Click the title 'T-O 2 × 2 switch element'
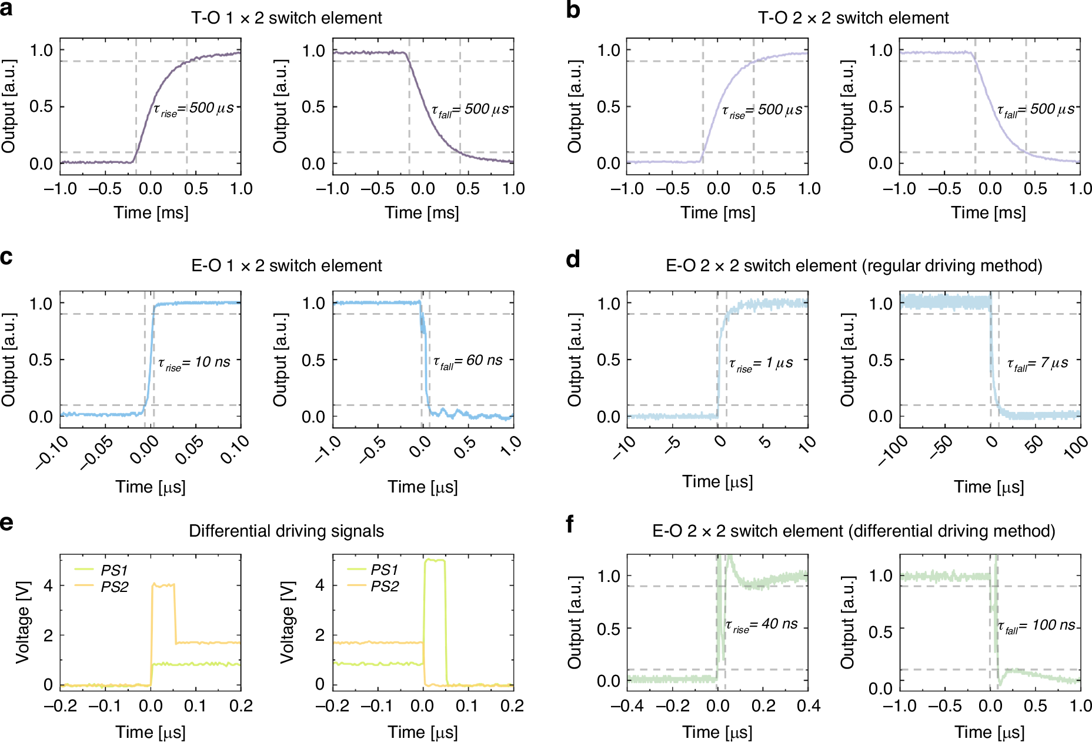click(853, 18)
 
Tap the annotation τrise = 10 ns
click(194, 362)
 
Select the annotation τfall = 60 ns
click(468, 361)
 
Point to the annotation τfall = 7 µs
click(1037, 364)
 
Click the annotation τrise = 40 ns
click(762, 625)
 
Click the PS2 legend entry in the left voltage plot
click(114, 587)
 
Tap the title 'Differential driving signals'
click(286, 531)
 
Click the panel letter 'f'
click(570, 524)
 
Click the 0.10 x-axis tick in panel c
click(235, 450)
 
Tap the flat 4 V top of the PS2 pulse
click(163, 585)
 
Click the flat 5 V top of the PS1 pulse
click(435, 561)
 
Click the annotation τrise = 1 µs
click(761, 364)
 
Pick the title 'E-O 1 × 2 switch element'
click(286, 266)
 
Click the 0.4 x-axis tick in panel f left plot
click(809, 706)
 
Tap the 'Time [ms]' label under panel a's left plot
click(151, 213)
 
